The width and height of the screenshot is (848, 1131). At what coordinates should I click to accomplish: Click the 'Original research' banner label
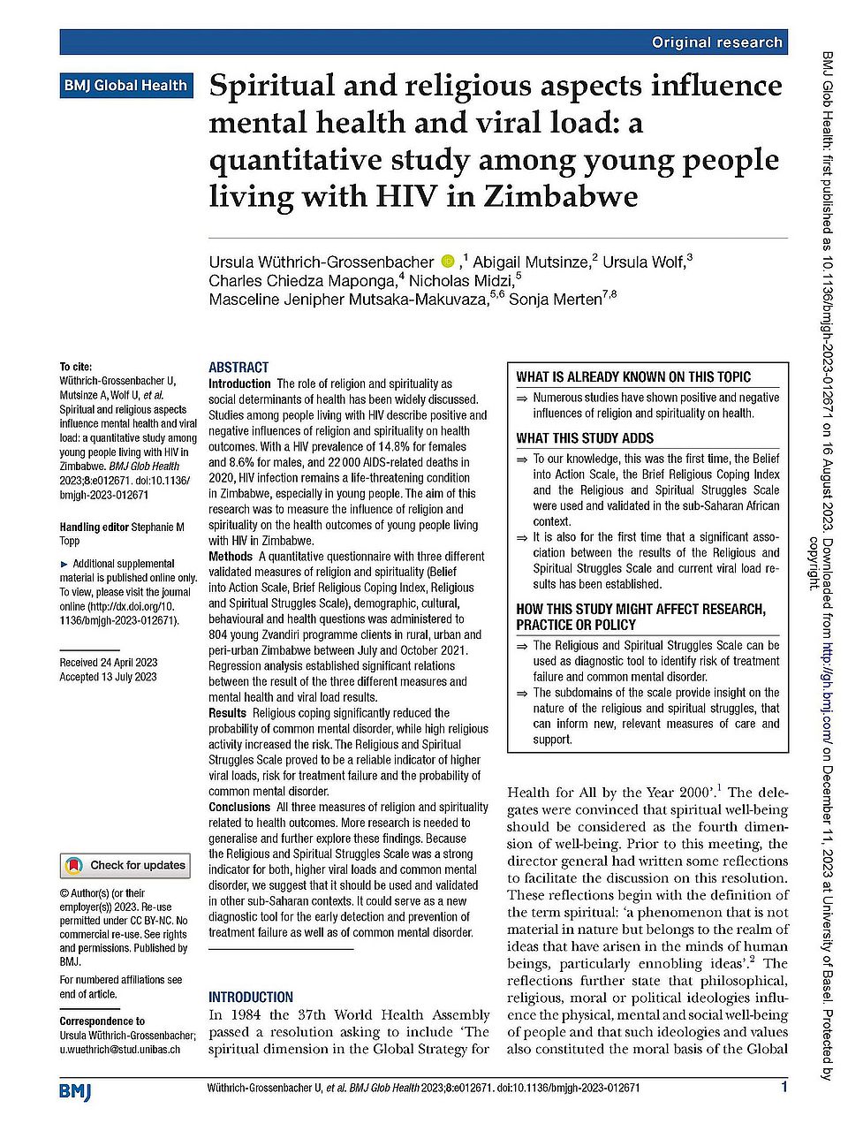716,42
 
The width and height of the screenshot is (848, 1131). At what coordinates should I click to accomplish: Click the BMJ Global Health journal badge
125,86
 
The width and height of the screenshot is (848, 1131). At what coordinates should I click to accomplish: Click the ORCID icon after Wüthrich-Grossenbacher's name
448,262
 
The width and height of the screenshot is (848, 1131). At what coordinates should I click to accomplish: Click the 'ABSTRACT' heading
238,368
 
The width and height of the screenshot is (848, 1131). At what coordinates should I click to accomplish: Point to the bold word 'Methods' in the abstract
231,557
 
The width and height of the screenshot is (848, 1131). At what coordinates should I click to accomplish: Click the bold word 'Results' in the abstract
227,713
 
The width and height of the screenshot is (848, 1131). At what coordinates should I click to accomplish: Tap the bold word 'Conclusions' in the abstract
239,807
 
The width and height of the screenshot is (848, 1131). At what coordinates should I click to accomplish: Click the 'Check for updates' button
125,865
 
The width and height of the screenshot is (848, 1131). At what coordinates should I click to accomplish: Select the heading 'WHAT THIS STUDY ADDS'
585,438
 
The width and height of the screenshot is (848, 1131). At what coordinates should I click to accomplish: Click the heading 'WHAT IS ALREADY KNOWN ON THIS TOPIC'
633,376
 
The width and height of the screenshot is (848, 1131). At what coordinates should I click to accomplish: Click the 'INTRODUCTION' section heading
251,997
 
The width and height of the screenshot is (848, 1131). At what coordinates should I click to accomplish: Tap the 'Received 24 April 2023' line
109,663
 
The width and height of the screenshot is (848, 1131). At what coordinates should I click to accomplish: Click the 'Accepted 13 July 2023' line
108,677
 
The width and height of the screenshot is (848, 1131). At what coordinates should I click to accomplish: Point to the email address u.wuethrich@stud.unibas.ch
120,1050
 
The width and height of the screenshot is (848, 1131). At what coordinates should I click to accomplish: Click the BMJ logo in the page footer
75,1091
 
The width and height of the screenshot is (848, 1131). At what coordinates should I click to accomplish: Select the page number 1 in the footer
784,1088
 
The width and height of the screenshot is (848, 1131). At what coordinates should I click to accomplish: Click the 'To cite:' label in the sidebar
76,367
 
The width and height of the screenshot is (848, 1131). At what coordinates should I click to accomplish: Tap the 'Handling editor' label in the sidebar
94,528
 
